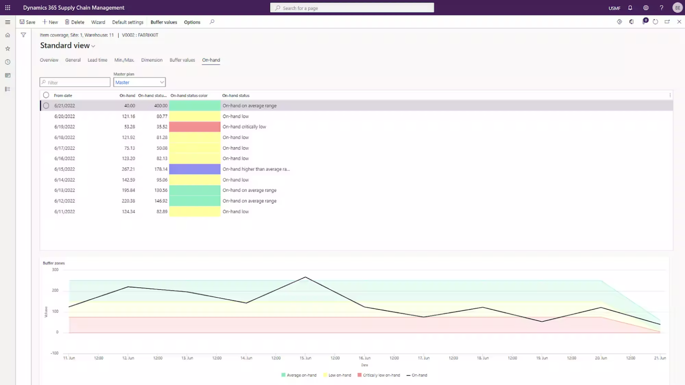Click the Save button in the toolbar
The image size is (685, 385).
[x=27, y=22]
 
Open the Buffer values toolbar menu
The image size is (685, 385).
[x=164, y=22]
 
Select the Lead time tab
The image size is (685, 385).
[x=97, y=60]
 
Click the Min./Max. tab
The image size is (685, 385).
[x=124, y=60]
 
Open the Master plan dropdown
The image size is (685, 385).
[x=139, y=82]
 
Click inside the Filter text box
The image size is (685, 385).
[x=75, y=82]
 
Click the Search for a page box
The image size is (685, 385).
[x=352, y=8]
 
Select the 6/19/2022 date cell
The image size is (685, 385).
[x=65, y=127]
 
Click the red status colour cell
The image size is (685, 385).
[x=195, y=127]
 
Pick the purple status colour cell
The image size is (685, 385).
[x=195, y=169]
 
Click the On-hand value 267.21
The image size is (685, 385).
[x=128, y=169]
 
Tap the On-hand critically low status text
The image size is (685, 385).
[x=244, y=127]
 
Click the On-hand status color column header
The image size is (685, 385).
[x=189, y=95]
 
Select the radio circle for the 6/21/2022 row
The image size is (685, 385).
[x=46, y=106]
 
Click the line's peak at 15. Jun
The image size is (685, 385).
[x=305, y=277]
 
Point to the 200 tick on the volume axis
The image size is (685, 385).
[x=55, y=290]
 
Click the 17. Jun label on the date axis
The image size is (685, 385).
[x=424, y=358]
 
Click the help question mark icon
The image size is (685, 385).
[x=661, y=8]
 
